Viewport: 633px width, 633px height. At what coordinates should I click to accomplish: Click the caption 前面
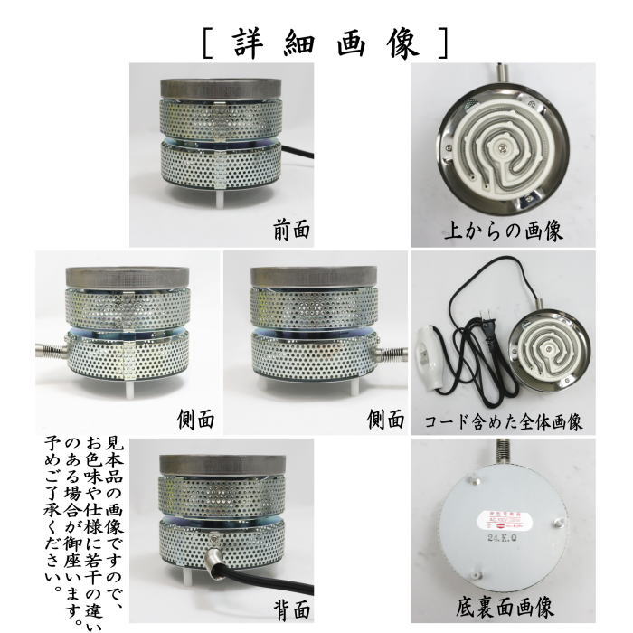click(291, 231)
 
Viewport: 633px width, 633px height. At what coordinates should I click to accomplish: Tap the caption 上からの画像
click(504, 231)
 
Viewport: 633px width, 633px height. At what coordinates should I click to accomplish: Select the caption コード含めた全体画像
click(503, 421)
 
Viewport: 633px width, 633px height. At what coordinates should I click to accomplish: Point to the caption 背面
click(291, 608)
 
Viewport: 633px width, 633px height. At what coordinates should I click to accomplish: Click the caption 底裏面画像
click(504, 607)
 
